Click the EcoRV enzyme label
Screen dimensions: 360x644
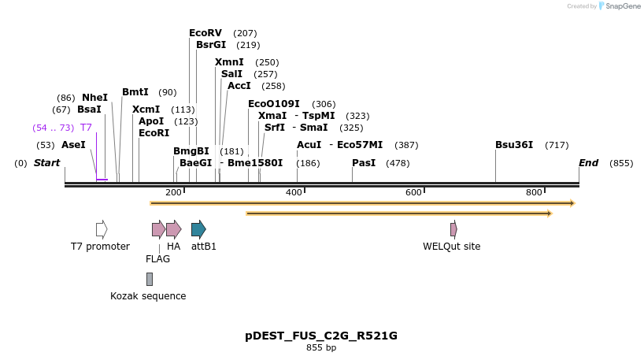pyautogui.click(x=205, y=33)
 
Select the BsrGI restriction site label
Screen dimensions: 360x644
pyautogui.click(x=211, y=45)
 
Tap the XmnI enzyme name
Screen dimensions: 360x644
pyautogui.click(x=229, y=62)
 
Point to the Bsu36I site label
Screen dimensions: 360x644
pyautogui.click(x=514, y=145)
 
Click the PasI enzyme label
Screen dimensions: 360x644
pyautogui.click(x=364, y=163)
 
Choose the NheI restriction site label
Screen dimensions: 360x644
pyautogui.click(x=94, y=98)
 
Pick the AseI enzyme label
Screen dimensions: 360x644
pyautogui.click(x=73, y=145)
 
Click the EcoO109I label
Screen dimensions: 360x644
pyautogui.click(x=274, y=104)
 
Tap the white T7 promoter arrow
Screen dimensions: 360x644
pyautogui.click(x=102, y=229)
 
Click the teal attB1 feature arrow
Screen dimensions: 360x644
pyautogui.click(x=198, y=229)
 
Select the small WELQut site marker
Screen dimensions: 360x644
pyautogui.click(x=453, y=229)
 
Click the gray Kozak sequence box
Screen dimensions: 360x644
pyautogui.click(x=150, y=279)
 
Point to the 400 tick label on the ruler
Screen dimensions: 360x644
pyautogui.click(x=294, y=193)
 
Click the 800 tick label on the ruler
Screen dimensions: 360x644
pyautogui.click(x=534, y=193)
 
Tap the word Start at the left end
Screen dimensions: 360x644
pyautogui.click(x=46, y=163)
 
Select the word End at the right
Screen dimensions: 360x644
pyautogui.click(x=588, y=163)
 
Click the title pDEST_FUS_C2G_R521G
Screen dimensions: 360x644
pyautogui.click(x=321, y=336)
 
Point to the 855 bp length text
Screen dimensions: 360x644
pyautogui.click(x=321, y=347)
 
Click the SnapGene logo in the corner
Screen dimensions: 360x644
pyautogui.click(x=620, y=6)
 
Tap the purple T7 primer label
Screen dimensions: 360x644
pyautogui.click(x=86, y=128)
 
